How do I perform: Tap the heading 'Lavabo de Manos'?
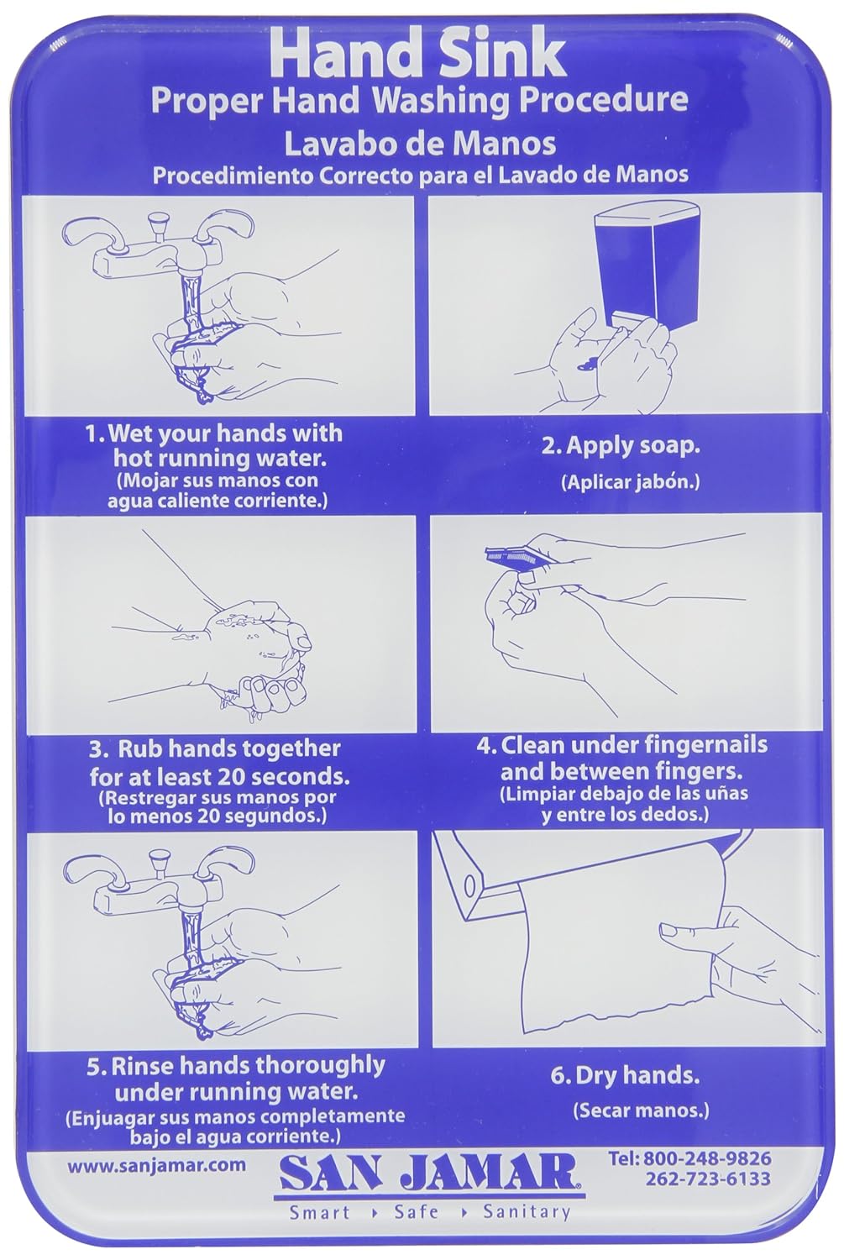click(x=419, y=143)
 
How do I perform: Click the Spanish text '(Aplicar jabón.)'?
click(x=630, y=482)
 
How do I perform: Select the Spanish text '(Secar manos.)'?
click(x=641, y=1110)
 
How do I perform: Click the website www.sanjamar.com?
click(x=156, y=1164)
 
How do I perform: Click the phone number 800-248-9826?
click(x=705, y=1159)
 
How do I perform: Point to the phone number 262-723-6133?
click(x=707, y=1179)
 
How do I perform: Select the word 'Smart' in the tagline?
click(x=320, y=1212)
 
